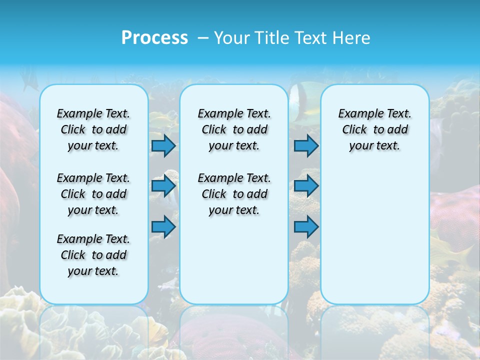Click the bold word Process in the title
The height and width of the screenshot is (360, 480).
pyautogui.click(x=154, y=37)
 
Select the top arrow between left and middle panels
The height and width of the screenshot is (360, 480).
pyautogui.click(x=163, y=145)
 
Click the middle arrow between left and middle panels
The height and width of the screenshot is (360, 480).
pyautogui.click(x=163, y=186)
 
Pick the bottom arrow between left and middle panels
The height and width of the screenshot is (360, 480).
pyautogui.click(x=163, y=227)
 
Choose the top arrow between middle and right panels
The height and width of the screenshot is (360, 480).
pyautogui.click(x=306, y=145)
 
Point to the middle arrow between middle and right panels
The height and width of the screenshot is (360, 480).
pyautogui.click(x=306, y=186)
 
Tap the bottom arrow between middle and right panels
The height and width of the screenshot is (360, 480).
pyautogui.click(x=306, y=227)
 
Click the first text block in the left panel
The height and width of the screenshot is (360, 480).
pyautogui.click(x=93, y=129)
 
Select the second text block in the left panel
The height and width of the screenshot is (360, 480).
pyautogui.click(x=93, y=194)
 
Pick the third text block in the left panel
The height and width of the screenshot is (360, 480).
pyautogui.click(x=93, y=255)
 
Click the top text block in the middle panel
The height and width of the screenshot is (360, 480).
pyautogui.click(x=234, y=129)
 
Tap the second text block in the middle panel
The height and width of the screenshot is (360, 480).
pyautogui.click(x=234, y=194)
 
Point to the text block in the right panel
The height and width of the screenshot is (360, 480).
pyautogui.click(x=375, y=129)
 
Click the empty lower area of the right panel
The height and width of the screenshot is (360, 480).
pyautogui.click(x=375, y=235)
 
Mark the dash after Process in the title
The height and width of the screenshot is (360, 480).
pyautogui.click(x=203, y=38)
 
